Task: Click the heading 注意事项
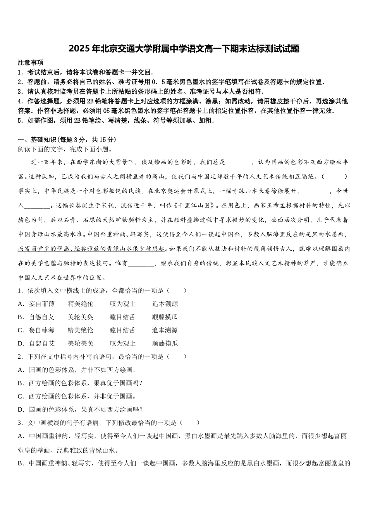point(31,62)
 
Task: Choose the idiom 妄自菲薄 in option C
point(41,330)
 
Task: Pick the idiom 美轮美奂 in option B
point(81,317)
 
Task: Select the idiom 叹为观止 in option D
point(123,344)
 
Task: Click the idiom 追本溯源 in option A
point(165,304)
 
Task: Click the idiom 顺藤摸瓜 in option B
point(165,317)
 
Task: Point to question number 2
point(19,357)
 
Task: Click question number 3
point(19,423)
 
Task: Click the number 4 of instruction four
point(19,101)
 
